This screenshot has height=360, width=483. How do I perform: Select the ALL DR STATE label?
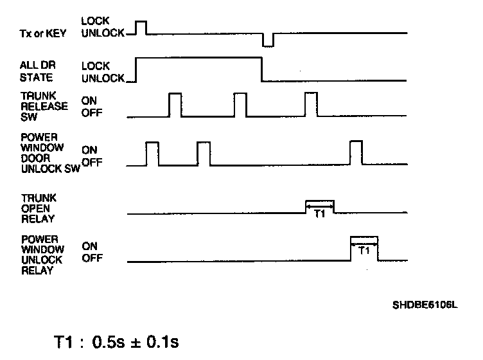tap(37, 71)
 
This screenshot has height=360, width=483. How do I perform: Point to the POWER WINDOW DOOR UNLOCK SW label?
tap(39, 154)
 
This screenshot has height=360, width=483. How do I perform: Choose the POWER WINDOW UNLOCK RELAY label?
tap(40, 255)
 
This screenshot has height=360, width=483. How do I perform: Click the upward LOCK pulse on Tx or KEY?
tap(141, 26)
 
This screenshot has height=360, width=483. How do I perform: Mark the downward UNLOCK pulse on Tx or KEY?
tap(268, 40)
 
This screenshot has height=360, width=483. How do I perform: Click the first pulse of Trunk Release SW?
tap(175, 104)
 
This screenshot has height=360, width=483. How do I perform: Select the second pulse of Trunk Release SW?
tap(240, 104)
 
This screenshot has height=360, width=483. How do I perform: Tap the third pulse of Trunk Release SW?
tap(311, 104)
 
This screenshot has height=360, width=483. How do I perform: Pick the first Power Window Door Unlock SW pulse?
tap(152, 153)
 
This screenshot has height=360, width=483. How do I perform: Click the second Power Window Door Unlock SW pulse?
tap(204, 153)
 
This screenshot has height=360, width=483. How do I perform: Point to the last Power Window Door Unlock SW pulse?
tap(356, 153)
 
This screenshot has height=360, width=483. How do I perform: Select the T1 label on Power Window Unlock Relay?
tap(364, 251)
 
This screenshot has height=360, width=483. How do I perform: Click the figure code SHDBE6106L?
tap(425, 306)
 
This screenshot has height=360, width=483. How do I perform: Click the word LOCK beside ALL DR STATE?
tap(96, 66)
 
